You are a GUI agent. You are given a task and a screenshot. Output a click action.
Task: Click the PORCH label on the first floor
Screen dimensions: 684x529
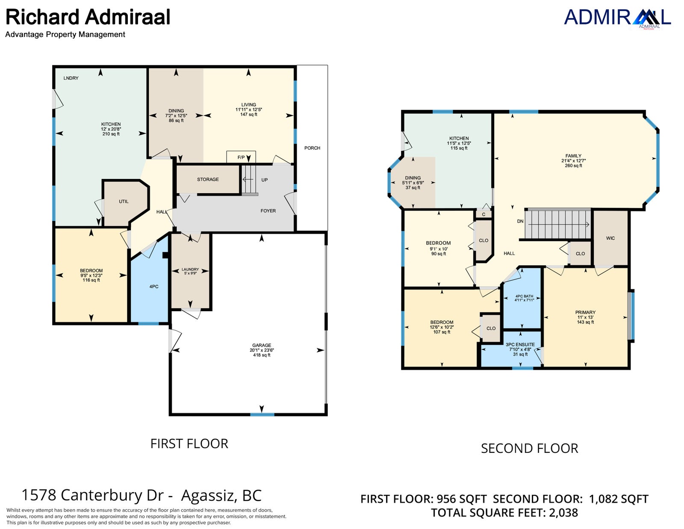coord(312,148)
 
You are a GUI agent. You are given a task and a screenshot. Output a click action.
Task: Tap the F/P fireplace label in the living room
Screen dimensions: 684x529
coord(241,157)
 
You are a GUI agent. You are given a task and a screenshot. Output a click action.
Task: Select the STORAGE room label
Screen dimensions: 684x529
coord(208,179)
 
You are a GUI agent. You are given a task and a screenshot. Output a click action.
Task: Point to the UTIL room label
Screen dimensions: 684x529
coord(124,201)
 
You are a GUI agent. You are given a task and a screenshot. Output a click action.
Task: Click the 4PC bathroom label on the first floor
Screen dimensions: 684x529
coord(153,286)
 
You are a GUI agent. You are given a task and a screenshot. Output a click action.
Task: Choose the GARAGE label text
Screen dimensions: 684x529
coord(262,345)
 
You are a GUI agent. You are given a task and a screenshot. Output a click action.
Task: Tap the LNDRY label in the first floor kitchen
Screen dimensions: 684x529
coord(71,78)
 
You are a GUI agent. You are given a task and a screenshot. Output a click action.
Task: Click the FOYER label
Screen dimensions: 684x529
coord(268,211)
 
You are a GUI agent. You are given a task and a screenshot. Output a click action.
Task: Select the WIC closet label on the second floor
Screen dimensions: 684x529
coord(610,238)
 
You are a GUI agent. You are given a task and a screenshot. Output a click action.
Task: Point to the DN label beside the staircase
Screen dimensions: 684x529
coord(520,221)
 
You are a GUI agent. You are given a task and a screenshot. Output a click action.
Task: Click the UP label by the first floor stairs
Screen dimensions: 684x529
coord(264,180)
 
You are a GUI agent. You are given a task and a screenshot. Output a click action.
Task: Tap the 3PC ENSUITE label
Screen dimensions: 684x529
coord(520,345)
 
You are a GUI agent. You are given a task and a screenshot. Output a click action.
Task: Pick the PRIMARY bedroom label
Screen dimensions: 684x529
coord(585,312)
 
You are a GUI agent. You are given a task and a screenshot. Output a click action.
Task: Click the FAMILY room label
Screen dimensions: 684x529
coord(573,156)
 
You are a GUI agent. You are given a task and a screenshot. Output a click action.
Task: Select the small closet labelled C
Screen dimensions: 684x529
coord(484,214)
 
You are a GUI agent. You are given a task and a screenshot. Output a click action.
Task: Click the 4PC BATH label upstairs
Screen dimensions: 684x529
coord(524,296)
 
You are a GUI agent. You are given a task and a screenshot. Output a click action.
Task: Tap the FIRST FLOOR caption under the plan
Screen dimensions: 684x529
coord(189,444)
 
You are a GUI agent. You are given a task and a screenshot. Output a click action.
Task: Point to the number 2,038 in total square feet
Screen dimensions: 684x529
coord(563,513)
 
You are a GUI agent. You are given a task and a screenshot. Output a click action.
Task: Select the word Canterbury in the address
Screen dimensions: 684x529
coord(112,495)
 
